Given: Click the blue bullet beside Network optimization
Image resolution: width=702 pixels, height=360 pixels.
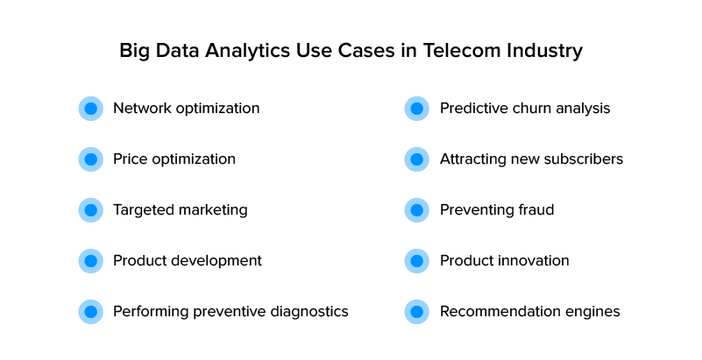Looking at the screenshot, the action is coord(91,109).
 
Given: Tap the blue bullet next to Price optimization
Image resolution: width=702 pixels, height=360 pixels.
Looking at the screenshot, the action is coord(91,159).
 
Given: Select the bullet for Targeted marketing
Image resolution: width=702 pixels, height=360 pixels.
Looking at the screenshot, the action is coord(91,209).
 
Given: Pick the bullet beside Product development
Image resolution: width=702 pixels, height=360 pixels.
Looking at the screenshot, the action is coord(91,261).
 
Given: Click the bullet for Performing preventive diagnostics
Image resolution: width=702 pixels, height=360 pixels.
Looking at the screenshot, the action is coord(91,312).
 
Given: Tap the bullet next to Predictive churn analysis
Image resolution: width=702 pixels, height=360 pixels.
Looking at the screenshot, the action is coord(417,109).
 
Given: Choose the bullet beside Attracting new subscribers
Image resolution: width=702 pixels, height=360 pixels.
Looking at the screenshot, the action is coord(417,159).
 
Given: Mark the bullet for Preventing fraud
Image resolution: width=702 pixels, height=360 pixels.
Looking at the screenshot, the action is coord(417,209).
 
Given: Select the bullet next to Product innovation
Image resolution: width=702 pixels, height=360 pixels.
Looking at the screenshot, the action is coord(417,261).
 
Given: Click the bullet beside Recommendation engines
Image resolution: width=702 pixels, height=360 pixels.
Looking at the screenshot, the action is coord(417,312).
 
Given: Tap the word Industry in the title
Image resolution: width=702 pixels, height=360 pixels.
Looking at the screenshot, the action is coord(545,52).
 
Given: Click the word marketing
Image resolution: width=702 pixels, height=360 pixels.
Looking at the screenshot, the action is coord(213,210).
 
